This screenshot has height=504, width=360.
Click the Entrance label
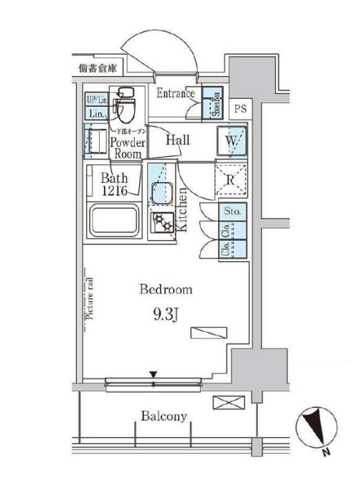pyautogui.click(x=175, y=93)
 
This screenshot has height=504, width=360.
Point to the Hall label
pyautogui.click(x=177, y=140)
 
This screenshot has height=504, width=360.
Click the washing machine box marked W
pyautogui.click(x=232, y=141)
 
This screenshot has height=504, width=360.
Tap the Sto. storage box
pyautogui.click(x=232, y=211)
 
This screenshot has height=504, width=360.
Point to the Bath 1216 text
pyautogui.click(x=115, y=184)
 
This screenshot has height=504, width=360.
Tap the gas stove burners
pyautogui.click(x=161, y=224)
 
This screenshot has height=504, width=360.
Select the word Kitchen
pyautogui.click(x=182, y=209)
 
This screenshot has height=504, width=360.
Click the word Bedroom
pyautogui.click(x=166, y=290)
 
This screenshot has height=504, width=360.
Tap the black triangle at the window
pyautogui.click(x=153, y=374)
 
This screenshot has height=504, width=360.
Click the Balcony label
pyautogui.click(x=164, y=416)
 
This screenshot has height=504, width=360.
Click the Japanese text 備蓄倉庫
pyautogui.click(x=98, y=70)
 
